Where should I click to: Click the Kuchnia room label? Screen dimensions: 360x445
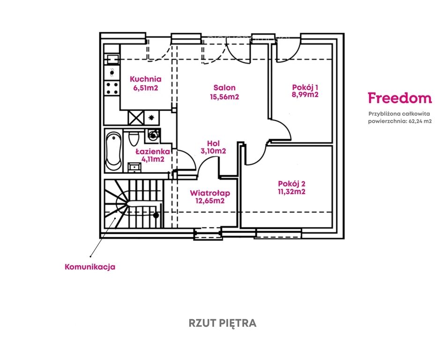point(146,79)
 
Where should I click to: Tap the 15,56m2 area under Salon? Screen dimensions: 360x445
point(224,97)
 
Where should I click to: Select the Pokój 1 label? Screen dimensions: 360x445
point(305,87)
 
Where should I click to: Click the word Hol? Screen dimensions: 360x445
point(213,143)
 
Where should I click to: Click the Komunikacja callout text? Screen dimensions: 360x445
point(89,267)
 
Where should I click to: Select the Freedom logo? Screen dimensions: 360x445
point(400,98)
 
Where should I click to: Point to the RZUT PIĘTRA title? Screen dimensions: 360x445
point(222,323)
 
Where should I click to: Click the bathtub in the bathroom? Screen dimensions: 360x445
point(112,151)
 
